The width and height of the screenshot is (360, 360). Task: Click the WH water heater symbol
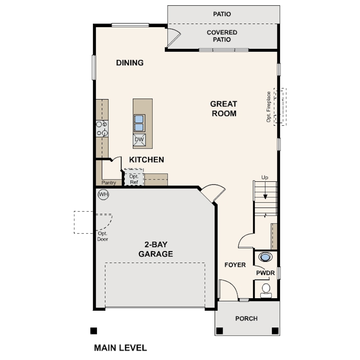(103, 195)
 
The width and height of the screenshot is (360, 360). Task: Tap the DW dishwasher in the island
(139, 140)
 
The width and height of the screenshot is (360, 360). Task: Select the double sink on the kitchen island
(139, 123)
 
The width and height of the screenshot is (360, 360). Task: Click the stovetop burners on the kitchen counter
(102, 128)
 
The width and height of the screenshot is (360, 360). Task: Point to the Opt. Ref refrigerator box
(134, 177)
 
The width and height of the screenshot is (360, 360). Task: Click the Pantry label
(108, 183)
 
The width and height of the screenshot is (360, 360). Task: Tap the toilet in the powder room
(266, 291)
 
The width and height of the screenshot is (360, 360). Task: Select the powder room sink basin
(265, 257)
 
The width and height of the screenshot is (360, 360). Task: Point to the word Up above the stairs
(265, 177)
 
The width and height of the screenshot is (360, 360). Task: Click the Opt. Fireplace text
(268, 107)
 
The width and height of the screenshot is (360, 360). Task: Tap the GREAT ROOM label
(224, 108)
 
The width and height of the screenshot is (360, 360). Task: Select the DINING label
(130, 63)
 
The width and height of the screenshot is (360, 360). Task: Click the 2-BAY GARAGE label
(156, 249)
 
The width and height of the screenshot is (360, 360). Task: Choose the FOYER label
(235, 265)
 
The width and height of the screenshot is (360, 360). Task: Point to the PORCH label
(246, 318)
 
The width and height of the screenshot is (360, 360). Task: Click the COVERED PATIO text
(222, 36)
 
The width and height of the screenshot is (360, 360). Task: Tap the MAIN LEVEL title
(120, 348)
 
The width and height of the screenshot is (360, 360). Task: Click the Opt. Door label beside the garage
(103, 236)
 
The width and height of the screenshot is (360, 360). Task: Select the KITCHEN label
(147, 160)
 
